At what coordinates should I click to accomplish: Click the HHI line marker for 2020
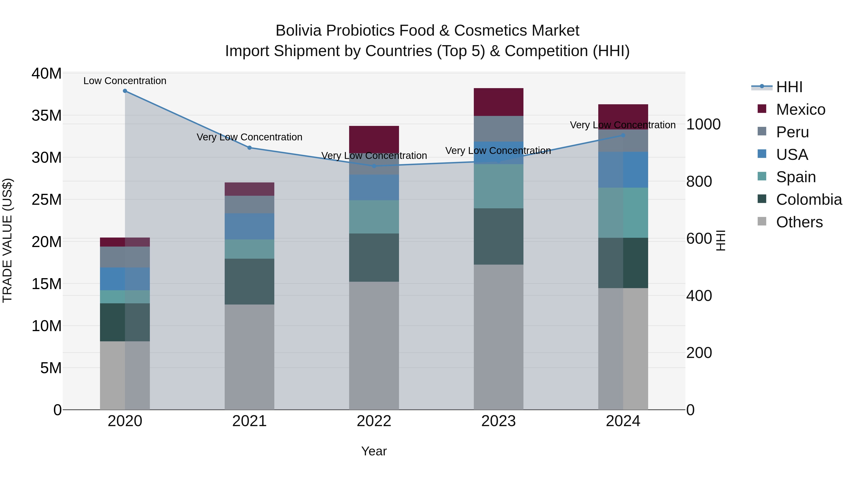tap(125, 91)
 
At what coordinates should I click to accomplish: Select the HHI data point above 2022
tap(374, 166)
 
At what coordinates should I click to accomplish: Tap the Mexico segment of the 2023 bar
tap(498, 102)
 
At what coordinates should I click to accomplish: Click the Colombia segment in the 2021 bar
tap(249, 281)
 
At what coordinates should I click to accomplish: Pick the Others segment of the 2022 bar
tap(374, 345)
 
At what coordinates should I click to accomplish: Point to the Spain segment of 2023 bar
tap(498, 186)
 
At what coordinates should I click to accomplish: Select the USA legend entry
tap(792, 155)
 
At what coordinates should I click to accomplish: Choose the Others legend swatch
tap(762, 221)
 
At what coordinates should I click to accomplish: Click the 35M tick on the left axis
tap(47, 115)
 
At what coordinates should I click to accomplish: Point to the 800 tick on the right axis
tap(699, 181)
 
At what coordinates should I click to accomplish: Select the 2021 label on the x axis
tap(249, 421)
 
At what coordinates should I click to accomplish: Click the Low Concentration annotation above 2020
tap(125, 81)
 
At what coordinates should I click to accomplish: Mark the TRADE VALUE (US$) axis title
tap(7, 240)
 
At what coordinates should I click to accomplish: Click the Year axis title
tap(374, 451)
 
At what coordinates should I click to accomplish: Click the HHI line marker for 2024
tap(623, 135)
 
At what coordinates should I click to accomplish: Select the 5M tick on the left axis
tap(51, 368)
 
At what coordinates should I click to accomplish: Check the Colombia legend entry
tap(808, 200)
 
